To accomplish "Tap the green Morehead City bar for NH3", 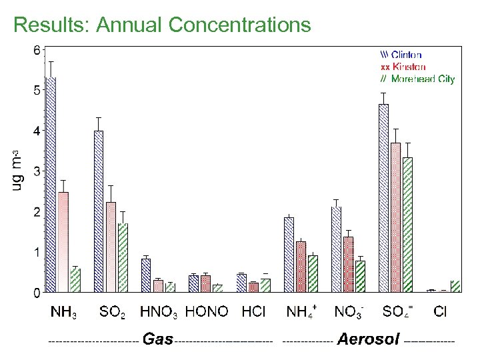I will point(75,280).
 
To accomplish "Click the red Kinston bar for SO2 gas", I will point(111,247).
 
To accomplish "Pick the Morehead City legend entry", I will point(417,79).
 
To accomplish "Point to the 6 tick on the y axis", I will point(37,50).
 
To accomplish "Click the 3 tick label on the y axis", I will point(37,171).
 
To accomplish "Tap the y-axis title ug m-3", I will point(18,170).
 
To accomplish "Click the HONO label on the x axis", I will point(207,311).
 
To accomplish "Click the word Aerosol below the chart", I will point(368,340).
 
